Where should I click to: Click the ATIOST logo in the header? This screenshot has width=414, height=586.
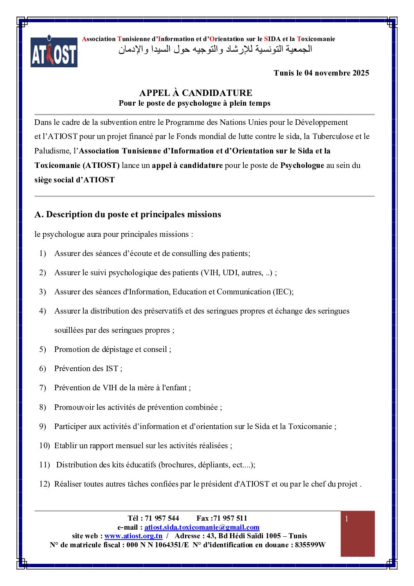[54, 52]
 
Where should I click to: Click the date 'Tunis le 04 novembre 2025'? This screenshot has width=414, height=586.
[321, 73]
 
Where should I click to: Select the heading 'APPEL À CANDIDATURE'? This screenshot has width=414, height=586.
[196, 93]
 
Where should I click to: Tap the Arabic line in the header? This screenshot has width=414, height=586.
[215, 50]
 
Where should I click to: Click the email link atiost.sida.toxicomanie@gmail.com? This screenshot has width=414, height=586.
[202, 527]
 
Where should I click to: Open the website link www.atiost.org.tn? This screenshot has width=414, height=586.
[133, 536]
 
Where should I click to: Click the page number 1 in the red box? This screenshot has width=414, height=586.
[347, 519]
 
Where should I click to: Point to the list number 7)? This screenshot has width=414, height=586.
[42, 388]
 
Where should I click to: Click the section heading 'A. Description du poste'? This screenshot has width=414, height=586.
[128, 214]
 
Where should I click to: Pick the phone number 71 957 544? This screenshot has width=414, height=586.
[162, 518]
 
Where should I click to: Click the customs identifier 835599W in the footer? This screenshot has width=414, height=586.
[310, 545]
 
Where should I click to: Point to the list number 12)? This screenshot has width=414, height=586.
[44, 484]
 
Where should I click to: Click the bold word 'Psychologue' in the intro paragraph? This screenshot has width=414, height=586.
[302, 165]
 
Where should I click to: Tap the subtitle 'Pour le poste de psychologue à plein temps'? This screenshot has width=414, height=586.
[194, 103]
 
